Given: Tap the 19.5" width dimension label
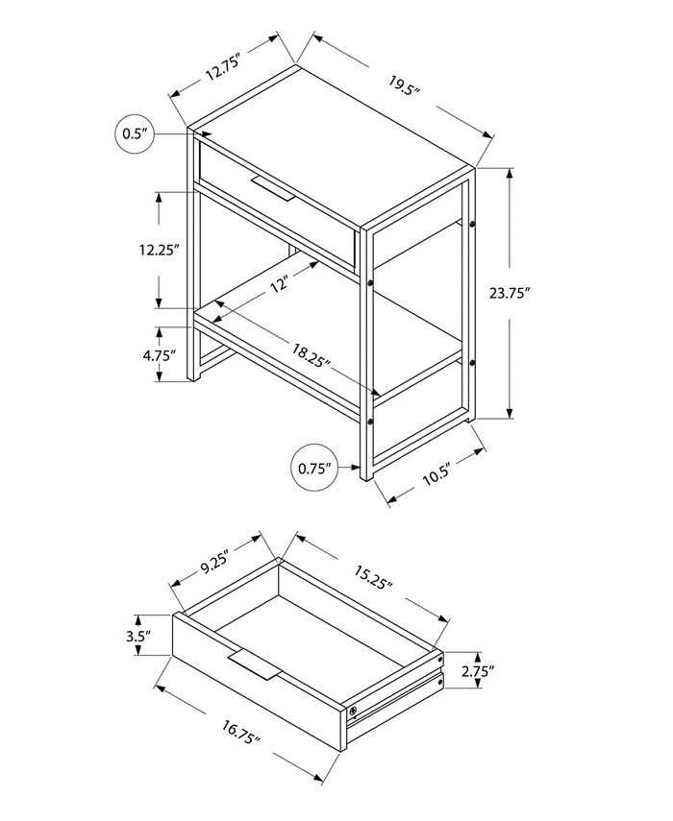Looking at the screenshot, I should click(x=406, y=90).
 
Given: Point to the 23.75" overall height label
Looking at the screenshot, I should click(x=511, y=295).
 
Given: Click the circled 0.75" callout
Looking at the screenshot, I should click(x=313, y=469).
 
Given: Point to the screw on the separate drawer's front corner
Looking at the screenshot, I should click(x=353, y=711).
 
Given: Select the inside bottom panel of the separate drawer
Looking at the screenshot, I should click(x=317, y=639).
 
